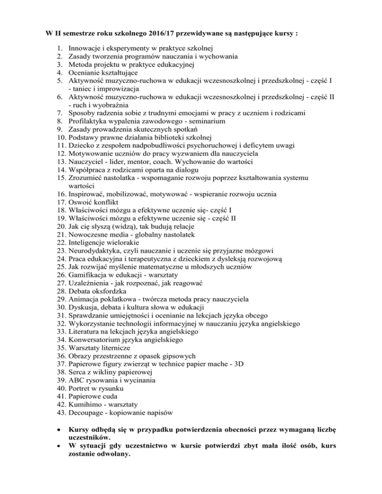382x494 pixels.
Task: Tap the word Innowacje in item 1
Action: pyautogui.click(x=85, y=48)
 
